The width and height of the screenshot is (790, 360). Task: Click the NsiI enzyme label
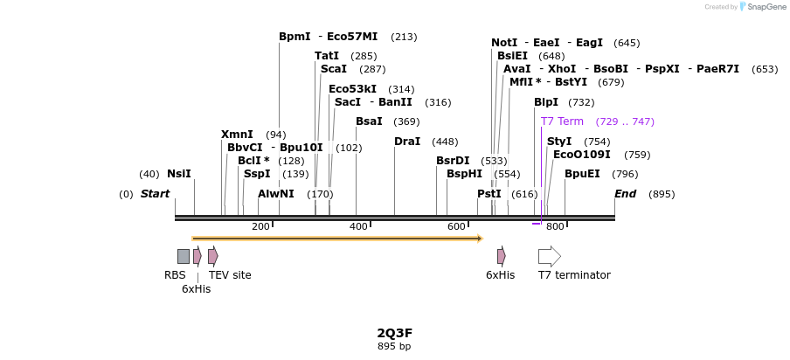(x=178, y=174)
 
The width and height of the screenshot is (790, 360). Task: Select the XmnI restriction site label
(x=237, y=135)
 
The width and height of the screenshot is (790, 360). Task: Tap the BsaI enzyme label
(x=369, y=121)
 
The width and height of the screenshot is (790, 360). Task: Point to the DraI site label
(x=407, y=142)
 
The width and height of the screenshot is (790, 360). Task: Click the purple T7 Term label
(x=562, y=121)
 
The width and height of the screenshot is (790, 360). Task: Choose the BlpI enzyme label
(x=546, y=102)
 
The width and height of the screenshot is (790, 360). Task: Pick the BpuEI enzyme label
(x=582, y=174)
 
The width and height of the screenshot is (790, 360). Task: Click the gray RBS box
(x=184, y=256)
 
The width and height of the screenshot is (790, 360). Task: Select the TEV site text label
(x=230, y=275)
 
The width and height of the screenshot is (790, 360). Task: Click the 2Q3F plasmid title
(x=394, y=333)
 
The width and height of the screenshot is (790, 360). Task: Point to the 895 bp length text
(x=394, y=347)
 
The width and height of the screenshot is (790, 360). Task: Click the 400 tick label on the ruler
(x=358, y=227)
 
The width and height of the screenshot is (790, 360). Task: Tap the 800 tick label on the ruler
(x=555, y=227)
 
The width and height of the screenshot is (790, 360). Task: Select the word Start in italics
(x=155, y=194)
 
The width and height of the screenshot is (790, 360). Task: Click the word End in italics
(x=626, y=194)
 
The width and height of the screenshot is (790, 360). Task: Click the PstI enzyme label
(x=489, y=194)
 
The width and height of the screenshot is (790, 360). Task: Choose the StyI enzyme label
(x=559, y=142)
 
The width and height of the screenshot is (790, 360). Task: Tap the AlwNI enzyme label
(x=276, y=194)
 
